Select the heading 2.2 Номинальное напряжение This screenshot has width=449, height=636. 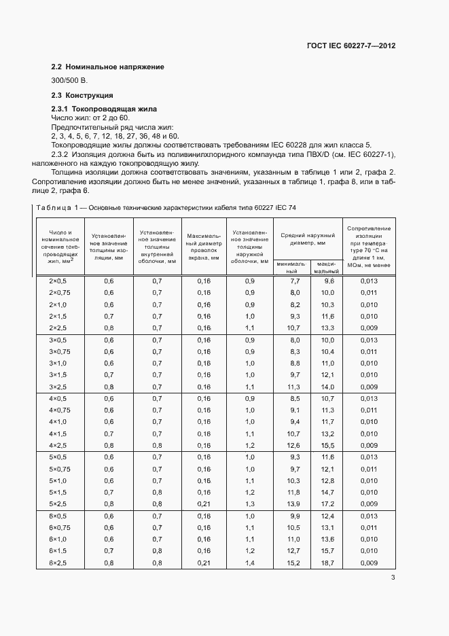tap(108, 67)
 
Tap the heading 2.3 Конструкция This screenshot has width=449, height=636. tap(83, 95)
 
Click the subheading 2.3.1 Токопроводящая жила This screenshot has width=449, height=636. tap(105, 109)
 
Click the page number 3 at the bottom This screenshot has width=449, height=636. tap(393, 578)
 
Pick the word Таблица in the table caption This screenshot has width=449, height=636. tap(51, 207)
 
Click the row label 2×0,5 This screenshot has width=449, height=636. tap(58, 281)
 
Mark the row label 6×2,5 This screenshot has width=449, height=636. tap(58, 563)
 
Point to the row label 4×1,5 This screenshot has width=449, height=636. tap(58, 434)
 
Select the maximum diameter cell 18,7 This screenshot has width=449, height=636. tap(328, 563)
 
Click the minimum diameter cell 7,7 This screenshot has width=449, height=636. tap(295, 281)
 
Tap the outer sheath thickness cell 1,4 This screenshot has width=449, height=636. tap(249, 563)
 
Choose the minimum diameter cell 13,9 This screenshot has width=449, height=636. tap(293, 504)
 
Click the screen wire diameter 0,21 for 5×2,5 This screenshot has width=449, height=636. tap(204, 504)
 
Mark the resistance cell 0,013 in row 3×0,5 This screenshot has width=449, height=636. tap(369, 340)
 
